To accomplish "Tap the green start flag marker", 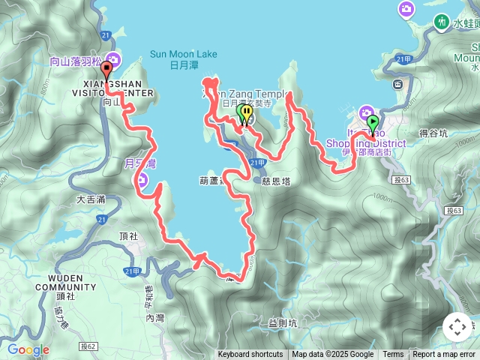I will (372, 121).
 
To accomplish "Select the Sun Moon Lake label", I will (183, 54).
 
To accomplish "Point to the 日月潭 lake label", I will (183, 65).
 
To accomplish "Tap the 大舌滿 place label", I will (91, 199).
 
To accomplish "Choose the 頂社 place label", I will (129, 235).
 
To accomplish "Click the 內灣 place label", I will (155, 318).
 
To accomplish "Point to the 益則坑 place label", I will (283, 323).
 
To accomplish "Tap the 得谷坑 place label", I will (433, 133).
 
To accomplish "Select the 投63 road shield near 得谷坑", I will (400, 180).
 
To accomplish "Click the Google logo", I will (28, 349).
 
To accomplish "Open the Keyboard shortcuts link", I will (250, 355).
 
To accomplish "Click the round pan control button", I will (457, 327).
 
